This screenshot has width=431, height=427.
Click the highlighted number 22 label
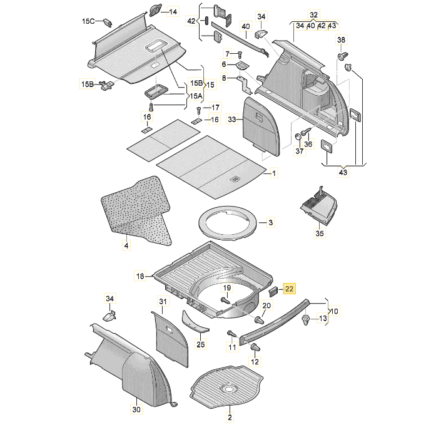[x=289, y=289]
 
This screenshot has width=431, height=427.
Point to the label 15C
[x=88, y=21]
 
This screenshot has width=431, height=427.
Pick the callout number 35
[x=320, y=234]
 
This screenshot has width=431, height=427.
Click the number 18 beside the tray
[x=140, y=275]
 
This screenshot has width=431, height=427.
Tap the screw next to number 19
[x=223, y=301]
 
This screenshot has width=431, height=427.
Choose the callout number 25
[x=200, y=344]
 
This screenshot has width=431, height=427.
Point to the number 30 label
[x=136, y=409]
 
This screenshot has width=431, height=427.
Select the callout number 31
[x=163, y=302]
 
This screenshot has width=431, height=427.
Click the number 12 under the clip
[x=255, y=361]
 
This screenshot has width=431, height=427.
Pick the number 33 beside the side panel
[x=231, y=119]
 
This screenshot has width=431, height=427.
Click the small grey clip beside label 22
[x=273, y=291]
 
